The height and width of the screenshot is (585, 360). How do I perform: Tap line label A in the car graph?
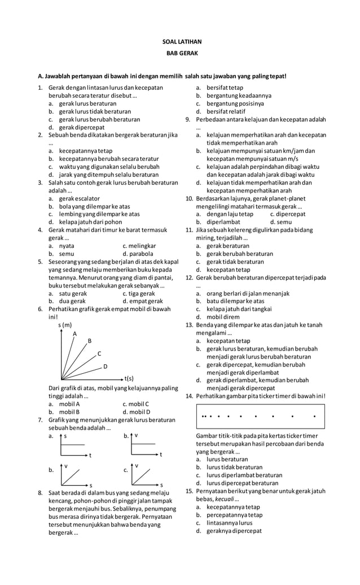(x=74, y=334)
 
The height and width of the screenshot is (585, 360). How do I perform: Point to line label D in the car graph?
(x=106, y=366)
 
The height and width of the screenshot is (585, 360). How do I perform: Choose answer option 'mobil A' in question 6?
(x=69, y=404)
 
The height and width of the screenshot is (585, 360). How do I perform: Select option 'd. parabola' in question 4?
(x=141, y=254)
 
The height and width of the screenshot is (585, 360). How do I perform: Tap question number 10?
(x=189, y=198)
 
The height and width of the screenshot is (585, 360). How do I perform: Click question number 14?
(x=189, y=396)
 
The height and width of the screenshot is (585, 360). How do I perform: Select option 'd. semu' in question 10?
(x=279, y=222)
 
